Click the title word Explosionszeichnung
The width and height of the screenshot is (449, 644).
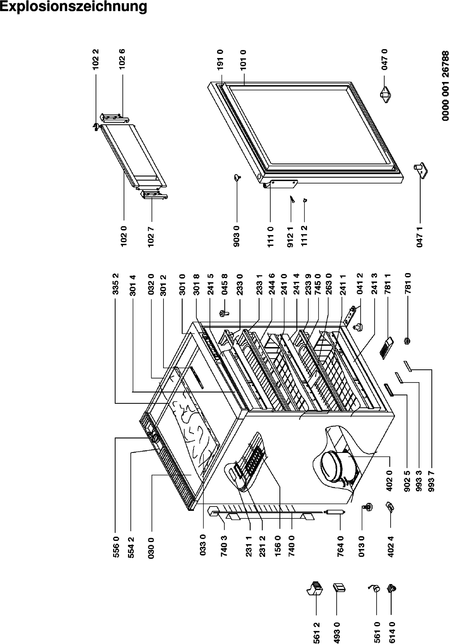click(x=73, y=7)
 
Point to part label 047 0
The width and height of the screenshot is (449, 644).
click(x=385, y=60)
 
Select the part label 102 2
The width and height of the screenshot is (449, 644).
click(x=96, y=60)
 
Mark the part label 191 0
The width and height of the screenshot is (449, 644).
click(x=220, y=60)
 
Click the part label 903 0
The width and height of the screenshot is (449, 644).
click(x=237, y=236)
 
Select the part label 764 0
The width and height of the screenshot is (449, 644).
click(x=340, y=546)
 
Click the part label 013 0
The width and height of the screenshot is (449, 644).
click(x=361, y=546)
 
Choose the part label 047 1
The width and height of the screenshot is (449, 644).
click(x=420, y=236)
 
